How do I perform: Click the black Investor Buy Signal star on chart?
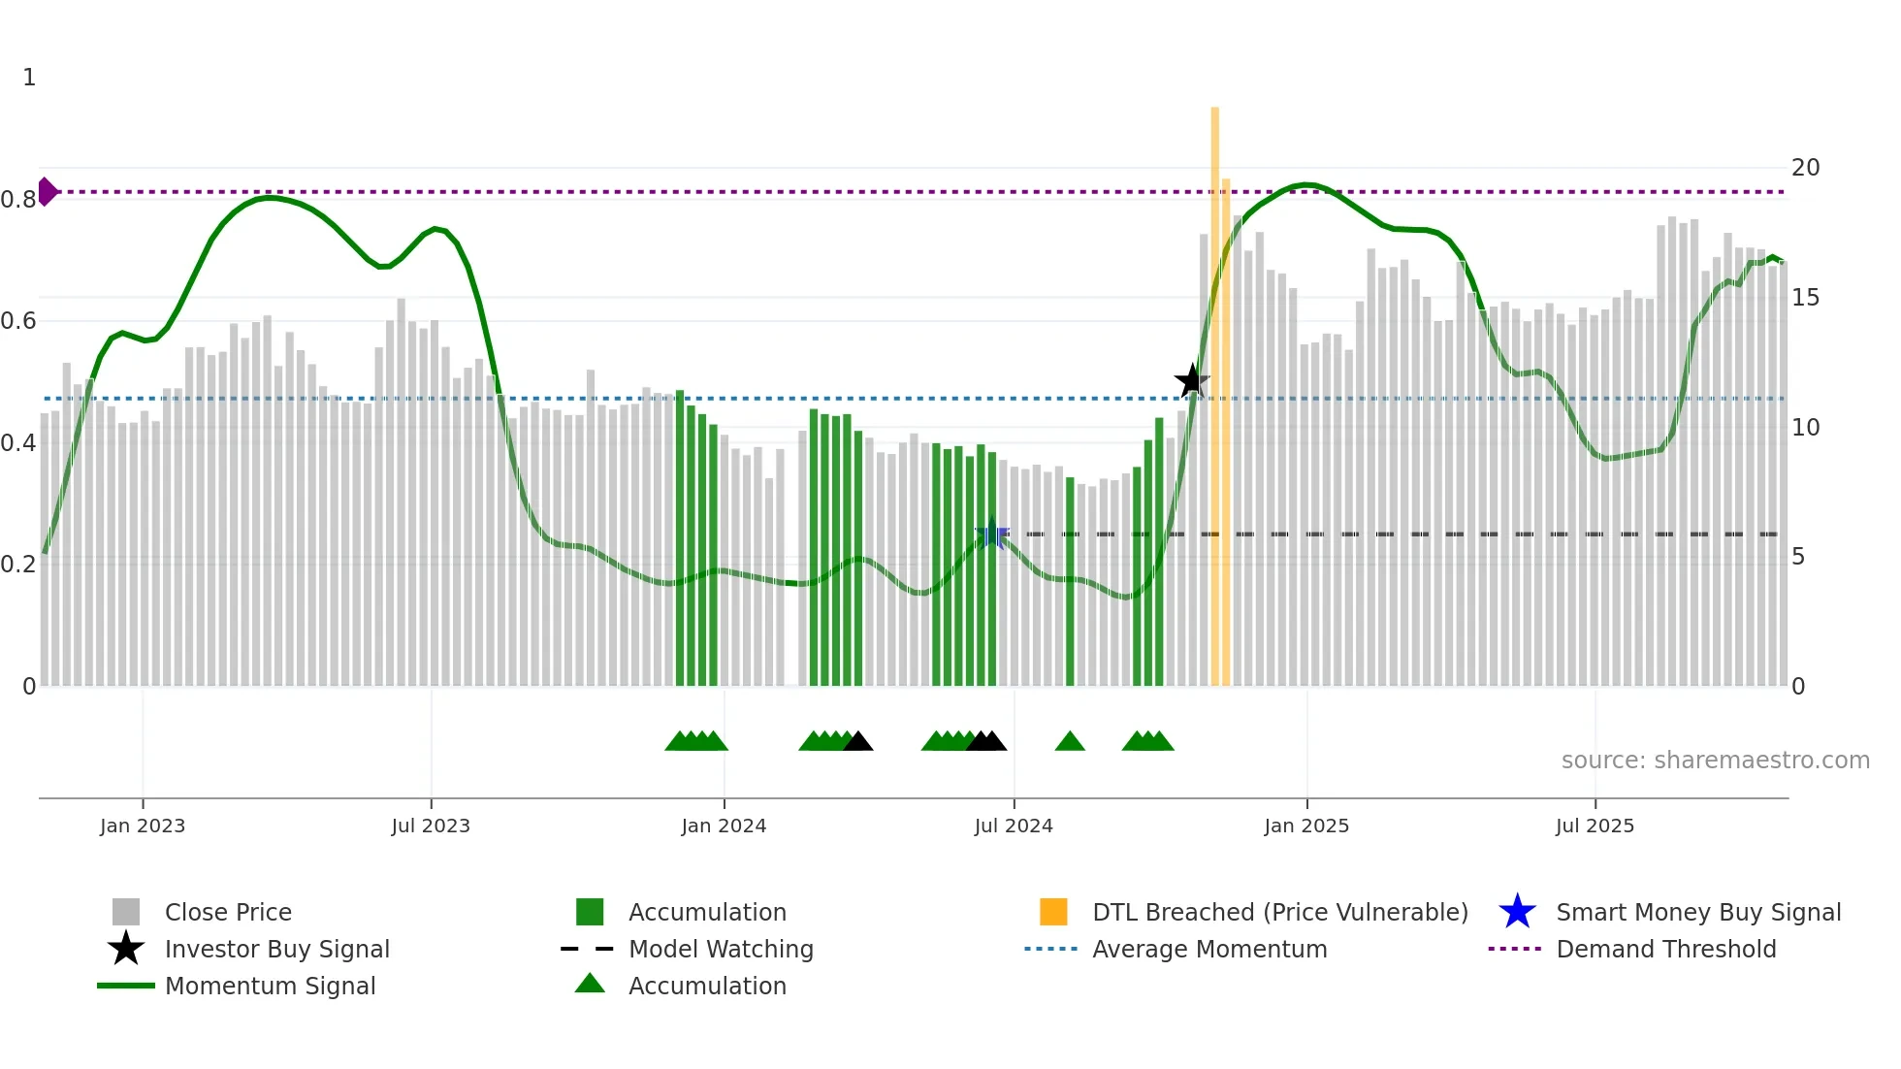tap(1192, 380)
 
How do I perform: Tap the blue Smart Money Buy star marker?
tap(991, 534)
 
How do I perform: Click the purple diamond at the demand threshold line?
tap(47, 192)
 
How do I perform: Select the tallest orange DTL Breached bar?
tap(1214, 388)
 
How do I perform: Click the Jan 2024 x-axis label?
tap(724, 826)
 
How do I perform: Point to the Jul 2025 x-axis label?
tap(1595, 826)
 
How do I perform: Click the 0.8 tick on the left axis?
tap(18, 200)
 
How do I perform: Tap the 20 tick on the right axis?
tap(1805, 168)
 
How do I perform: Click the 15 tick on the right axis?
tap(1805, 298)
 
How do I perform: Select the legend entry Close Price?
tap(228, 912)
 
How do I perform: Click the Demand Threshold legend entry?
tap(1665, 949)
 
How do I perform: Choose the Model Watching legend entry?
tap(721, 949)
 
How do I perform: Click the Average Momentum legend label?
tap(1209, 949)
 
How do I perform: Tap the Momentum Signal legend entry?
tap(270, 986)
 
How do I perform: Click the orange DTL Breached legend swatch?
tap(1053, 912)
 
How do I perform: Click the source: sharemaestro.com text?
tap(1715, 760)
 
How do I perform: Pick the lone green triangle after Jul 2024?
tap(1070, 742)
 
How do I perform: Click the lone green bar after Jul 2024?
tap(1070, 582)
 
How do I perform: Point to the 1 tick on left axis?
tap(29, 78)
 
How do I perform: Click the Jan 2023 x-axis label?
tap(143, 826)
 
